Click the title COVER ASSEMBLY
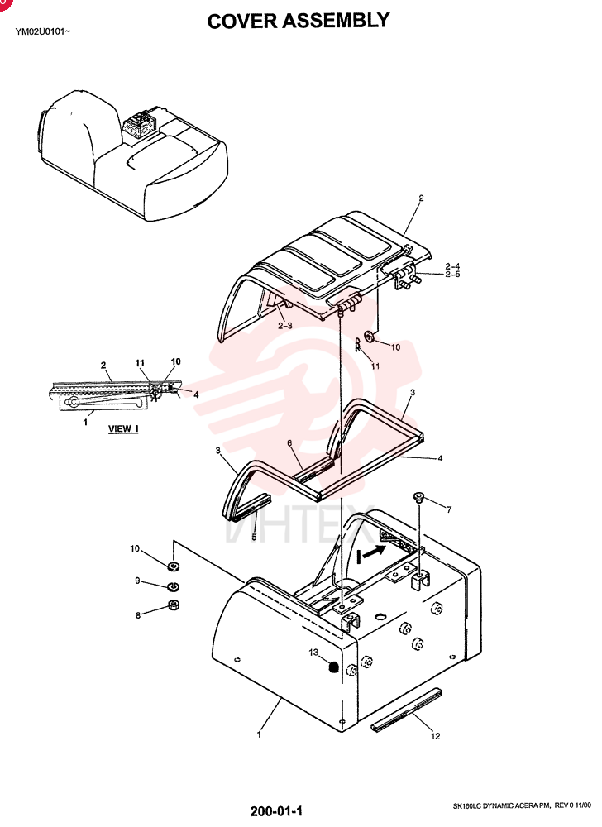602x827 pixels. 299,21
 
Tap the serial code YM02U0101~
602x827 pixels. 43,31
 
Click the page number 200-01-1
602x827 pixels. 276,810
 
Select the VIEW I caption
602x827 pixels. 123,428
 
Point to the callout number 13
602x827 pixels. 313,653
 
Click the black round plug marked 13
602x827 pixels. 332,667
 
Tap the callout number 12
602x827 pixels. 436,736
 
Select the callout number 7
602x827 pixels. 448,509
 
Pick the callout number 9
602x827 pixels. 137,581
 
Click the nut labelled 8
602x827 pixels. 173,605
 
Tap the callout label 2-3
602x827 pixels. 285,325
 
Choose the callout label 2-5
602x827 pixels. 452,275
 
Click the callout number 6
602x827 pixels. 289,443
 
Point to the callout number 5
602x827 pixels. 254,537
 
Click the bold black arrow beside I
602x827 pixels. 375,552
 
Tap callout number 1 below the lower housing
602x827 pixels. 259,734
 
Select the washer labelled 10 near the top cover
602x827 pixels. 369,336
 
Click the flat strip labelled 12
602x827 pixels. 406,710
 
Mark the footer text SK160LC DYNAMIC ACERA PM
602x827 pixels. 501,805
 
